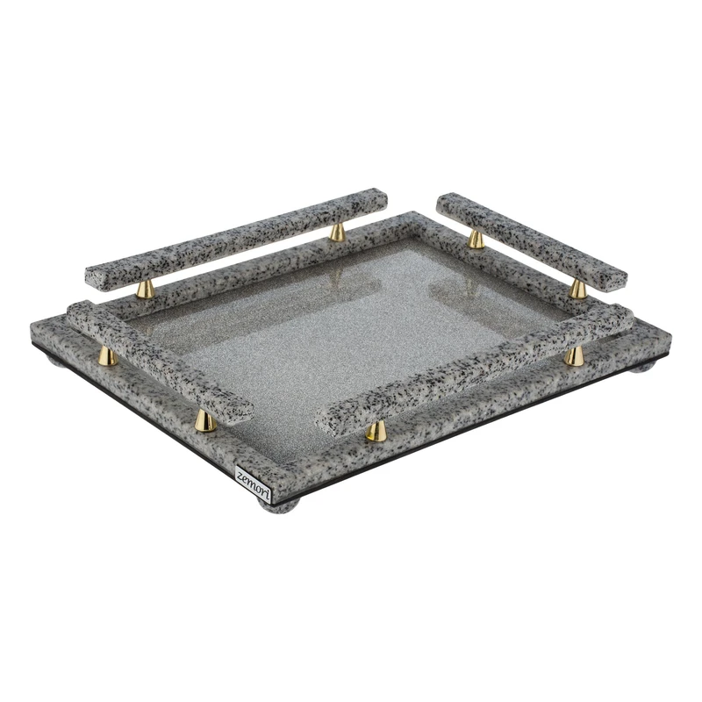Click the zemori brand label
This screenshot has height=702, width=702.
click(254, 482)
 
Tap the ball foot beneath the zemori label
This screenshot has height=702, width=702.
click(267, 504)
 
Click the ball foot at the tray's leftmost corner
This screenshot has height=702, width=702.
click(54, 360)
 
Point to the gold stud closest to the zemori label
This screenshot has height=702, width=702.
click(205, 420)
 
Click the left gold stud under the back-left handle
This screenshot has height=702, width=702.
click(145, 289)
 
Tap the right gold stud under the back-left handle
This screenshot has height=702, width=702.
click(337, 232)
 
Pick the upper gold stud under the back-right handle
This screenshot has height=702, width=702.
click(476, 238)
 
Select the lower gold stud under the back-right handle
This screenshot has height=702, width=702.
click(577, 289)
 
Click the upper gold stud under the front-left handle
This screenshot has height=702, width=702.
click(107, 355)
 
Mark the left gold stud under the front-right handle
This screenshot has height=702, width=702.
click(376, 430)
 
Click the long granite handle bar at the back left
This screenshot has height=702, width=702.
click(237, 237)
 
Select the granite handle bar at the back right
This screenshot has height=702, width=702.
click(531, 241)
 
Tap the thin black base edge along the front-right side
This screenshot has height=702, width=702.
click(474, 430)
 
